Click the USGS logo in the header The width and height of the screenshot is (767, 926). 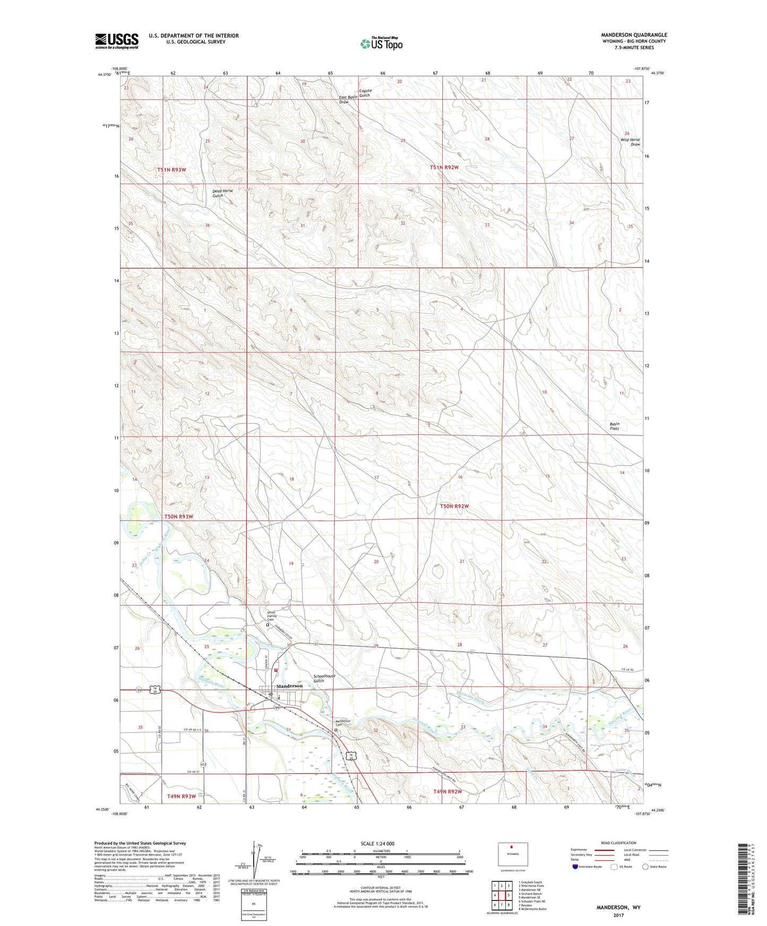(117, 40)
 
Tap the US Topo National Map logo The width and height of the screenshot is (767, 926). (381, 43)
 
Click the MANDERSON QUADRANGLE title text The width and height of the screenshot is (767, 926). (634, 35)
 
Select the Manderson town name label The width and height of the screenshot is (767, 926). (289, 686)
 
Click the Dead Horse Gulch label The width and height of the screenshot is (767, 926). (222, 193)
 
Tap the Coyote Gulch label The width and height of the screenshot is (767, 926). (365, 92)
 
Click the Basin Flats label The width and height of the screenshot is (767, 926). (614, 426)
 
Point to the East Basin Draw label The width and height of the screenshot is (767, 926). (348, 99)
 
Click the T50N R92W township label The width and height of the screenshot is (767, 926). (454, 506)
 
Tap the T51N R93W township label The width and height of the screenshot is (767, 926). (171, 170)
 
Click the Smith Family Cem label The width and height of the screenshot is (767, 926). (271, 616)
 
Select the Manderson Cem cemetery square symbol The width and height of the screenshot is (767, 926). (335, 730)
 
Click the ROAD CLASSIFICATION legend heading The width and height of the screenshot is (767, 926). (618, 843)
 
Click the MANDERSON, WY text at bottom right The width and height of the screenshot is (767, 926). (618, 907)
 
